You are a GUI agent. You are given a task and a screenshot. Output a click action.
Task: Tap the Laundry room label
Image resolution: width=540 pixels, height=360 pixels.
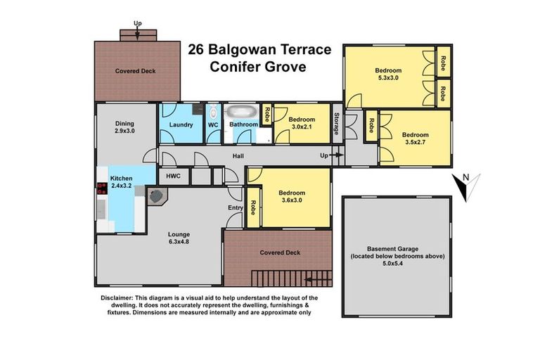coord(181,124)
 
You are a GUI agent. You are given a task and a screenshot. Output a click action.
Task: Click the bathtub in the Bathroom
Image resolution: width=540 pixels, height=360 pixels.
coord(242,112)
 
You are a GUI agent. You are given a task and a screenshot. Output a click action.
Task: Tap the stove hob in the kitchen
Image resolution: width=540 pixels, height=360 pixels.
coord(100,188)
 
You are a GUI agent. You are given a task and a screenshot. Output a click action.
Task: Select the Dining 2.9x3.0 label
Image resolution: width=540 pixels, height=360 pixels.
coord(124,126)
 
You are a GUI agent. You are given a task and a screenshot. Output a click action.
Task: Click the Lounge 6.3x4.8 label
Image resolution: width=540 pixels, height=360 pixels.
coord(179,238)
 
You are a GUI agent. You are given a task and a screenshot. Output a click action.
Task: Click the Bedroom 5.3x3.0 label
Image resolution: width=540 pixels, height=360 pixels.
coord(388,74)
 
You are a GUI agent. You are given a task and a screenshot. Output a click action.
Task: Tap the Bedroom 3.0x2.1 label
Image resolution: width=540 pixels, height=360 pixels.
coord(302,124)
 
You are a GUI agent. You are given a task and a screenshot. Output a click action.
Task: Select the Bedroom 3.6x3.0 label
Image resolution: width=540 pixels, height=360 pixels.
coord(292,198)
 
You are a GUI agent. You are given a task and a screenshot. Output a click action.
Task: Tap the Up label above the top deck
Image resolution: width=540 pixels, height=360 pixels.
coord(138,24)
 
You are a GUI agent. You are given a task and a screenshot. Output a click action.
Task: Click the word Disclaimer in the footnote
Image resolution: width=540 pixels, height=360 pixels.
coord(118,298)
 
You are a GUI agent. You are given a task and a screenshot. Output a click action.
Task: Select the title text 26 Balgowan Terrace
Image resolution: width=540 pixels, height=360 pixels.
coord(250,51)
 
